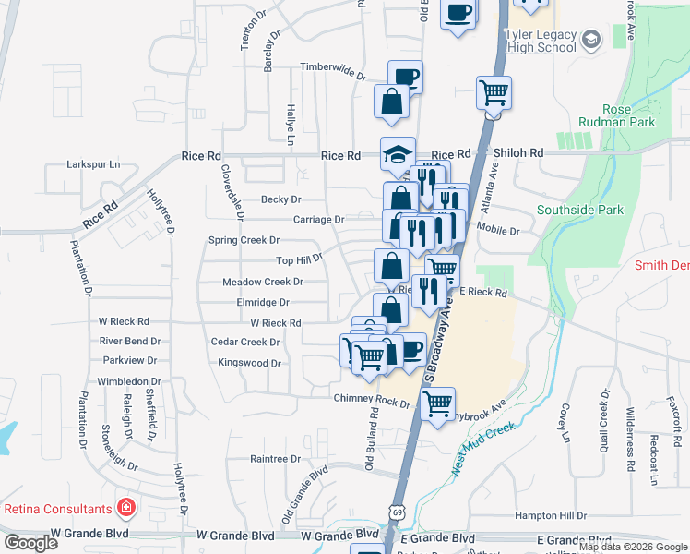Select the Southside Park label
click(x=580, y=210)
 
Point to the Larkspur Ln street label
click(x=93, y=164)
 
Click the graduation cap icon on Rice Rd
click(x=399, y=154)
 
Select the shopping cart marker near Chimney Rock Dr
click(x=437, y=403)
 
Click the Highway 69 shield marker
click(x=397, y=512)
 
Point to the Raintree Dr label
click(x=276, y=458)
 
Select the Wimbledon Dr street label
click(x=130, y=381)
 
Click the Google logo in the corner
click(x=31, y=543)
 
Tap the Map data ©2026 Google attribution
click(x=633, y=547)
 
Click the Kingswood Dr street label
click(x=249, y=363)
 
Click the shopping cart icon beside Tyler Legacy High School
click(x=494, y=92)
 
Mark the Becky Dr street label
click(x=281, y=199)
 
